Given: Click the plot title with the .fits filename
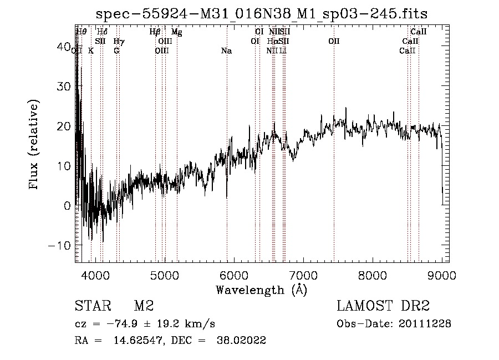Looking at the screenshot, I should pos(262,13).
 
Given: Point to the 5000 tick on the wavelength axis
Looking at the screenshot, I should pos(165,275).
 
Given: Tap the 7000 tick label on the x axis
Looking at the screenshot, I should pos(303,275).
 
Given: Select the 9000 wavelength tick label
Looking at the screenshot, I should pos(442,275).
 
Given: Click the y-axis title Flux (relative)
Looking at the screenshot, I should pos(35,144).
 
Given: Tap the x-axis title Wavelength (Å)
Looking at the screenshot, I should pos(261,290).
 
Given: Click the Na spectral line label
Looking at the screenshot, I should pos(226,51).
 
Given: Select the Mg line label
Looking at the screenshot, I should pos(176,32).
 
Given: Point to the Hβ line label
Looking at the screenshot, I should pos(155,32).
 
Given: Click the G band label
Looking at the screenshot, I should pos(116,51).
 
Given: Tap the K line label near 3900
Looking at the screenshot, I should pos(91,51).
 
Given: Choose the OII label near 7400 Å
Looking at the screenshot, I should pos(334,42).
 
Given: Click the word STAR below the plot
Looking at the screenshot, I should pos(93,306).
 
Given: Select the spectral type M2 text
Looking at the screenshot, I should pos(144,306).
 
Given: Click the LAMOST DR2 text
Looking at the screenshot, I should pos(383,306).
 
